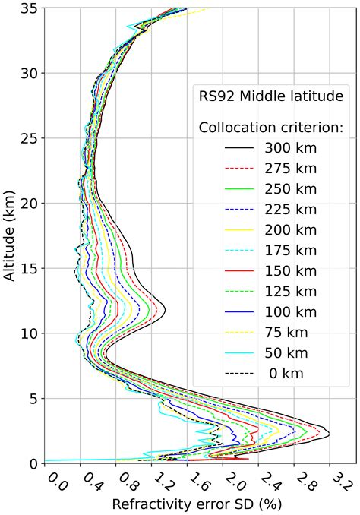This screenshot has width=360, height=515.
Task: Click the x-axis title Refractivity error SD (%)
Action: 191,504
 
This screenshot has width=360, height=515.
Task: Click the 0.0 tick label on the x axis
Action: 54,480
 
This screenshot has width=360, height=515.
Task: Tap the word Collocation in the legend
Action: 231,126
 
